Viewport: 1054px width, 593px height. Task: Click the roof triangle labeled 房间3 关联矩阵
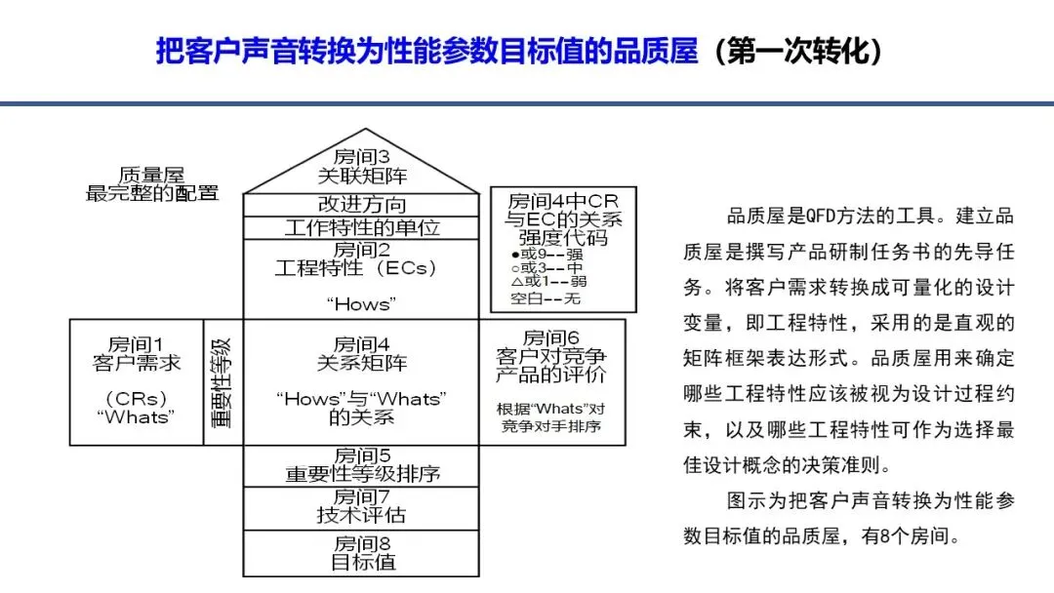tap(362, 167)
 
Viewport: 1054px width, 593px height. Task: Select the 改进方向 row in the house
tap(362, 205)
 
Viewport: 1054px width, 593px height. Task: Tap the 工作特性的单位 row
tap(362, 227)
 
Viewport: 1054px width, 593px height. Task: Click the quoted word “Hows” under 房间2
tap(362, 304)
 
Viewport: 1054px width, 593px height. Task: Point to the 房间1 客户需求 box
tap(137, 382)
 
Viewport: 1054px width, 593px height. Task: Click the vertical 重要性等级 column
tap(223, 382)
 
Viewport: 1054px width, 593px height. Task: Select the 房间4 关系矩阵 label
tap(362, 354)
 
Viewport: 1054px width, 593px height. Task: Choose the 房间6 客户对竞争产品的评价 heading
tap(551, 356)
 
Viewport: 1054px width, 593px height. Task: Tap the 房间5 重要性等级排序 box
tap(362, 465)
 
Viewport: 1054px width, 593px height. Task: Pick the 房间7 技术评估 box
tap(362, 508)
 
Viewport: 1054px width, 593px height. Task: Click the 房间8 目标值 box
tap(362, 553)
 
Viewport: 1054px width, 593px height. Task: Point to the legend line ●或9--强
tap(547, 255)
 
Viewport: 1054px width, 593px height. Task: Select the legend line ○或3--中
tap(547, 268)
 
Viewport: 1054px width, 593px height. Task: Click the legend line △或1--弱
tap(548, 282)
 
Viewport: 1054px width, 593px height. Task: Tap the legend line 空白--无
tap(546, 298)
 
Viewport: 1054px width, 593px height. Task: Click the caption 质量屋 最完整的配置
tap(152, 184)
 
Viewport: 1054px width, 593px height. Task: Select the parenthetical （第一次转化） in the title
tap(798, 51)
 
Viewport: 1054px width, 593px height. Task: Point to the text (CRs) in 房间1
tap(137, 399)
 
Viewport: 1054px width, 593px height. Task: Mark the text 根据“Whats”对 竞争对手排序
tap(551, 417)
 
